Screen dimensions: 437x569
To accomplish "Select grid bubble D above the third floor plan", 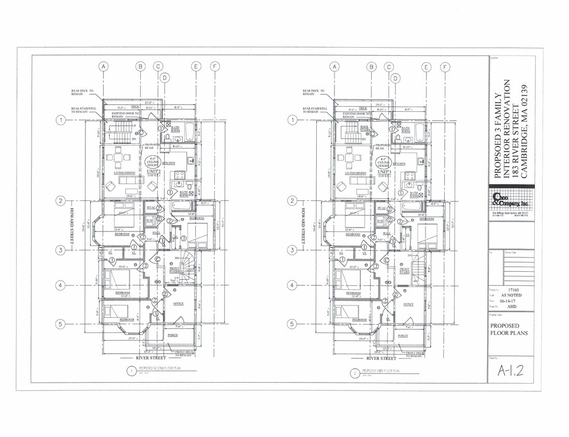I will coord(396,78).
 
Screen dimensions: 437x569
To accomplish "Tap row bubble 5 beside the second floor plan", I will coord(61,324).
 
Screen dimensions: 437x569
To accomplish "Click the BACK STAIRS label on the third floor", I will coord(365,128).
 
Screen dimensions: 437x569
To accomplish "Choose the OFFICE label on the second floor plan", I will coord(179,303).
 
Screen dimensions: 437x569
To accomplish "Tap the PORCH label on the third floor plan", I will coord(403,336).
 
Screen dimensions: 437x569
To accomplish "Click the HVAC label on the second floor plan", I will coord(151,208).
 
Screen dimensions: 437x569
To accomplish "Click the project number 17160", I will coord(514,290).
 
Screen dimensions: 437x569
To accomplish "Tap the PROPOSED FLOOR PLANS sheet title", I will coord(509,329).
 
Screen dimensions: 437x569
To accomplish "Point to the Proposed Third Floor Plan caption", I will coord(383,371).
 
